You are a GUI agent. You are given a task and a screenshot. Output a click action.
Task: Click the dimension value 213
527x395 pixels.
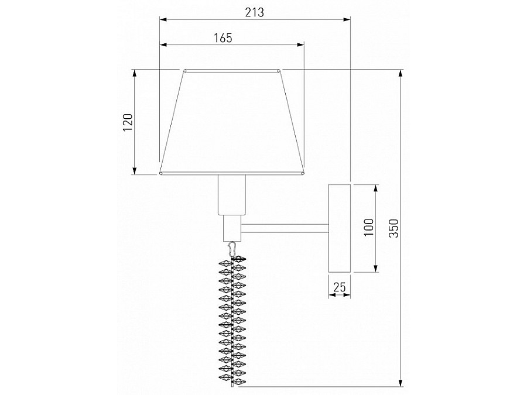(x=255, y=12)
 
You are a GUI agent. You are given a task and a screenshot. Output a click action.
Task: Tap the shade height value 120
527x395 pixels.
(x=128, y=122)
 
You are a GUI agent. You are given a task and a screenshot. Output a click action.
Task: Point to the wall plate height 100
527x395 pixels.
(x=368, y=227)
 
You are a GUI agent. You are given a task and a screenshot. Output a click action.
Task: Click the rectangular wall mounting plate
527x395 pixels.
(x=339, y=228)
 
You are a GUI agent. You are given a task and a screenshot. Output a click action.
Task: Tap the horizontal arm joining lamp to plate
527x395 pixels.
(x=285, y=228)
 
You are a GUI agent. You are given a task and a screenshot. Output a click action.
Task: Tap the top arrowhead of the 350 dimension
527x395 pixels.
(x=400, y=74)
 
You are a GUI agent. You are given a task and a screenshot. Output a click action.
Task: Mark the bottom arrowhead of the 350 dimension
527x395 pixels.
(x=400, y=383)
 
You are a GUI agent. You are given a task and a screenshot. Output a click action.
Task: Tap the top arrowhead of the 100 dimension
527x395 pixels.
(x=375, y=187)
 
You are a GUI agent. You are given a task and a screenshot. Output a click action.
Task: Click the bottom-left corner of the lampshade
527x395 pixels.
(x=160, y=173)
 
